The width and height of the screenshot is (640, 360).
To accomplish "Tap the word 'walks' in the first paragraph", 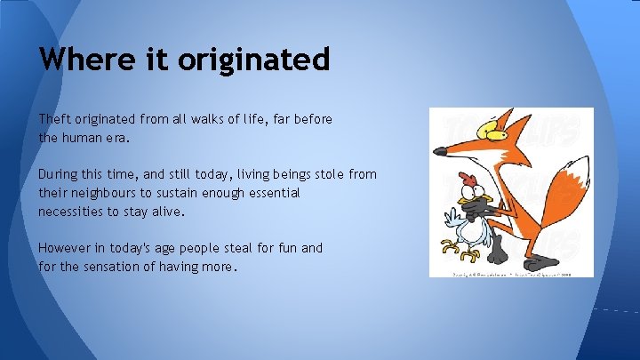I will click(x=216, y=118).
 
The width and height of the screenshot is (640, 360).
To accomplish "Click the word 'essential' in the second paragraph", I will click(x=271, y=193).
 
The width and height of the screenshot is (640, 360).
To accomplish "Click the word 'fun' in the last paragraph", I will click(x=287, y=248).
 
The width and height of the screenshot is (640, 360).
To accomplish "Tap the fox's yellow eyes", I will click(x=496, y=131).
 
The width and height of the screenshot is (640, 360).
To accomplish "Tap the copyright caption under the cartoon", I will click(x=511, y=274).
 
